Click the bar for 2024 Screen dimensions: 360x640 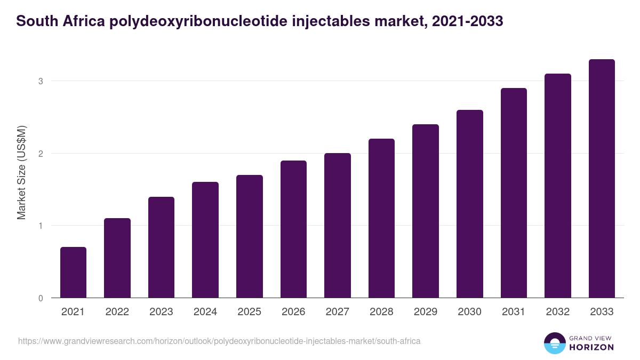click(x=205, y=239)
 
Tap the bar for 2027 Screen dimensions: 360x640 click(x=338, y=225)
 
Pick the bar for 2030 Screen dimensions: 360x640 click(x=470, y=204)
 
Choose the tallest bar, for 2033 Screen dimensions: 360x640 click(x=602, y=178)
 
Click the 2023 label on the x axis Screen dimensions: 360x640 click(x=161, y=312)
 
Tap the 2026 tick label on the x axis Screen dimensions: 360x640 click(x=293, y=312)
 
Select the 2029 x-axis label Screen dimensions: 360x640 click(x=426, y=312)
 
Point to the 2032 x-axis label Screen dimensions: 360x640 click(x=558, y=312)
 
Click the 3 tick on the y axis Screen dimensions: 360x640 click(x=40, y=81)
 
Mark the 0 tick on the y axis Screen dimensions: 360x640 click(x=40, y=298)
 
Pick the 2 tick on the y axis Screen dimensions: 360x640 click(x=40, y=154)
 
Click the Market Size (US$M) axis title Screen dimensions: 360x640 click(x=21, y=172)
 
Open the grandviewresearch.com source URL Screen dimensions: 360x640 click(x=219, y=341)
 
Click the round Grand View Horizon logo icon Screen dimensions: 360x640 click(x=555, y=343)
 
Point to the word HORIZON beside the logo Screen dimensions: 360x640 click(x=591, y=347)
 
